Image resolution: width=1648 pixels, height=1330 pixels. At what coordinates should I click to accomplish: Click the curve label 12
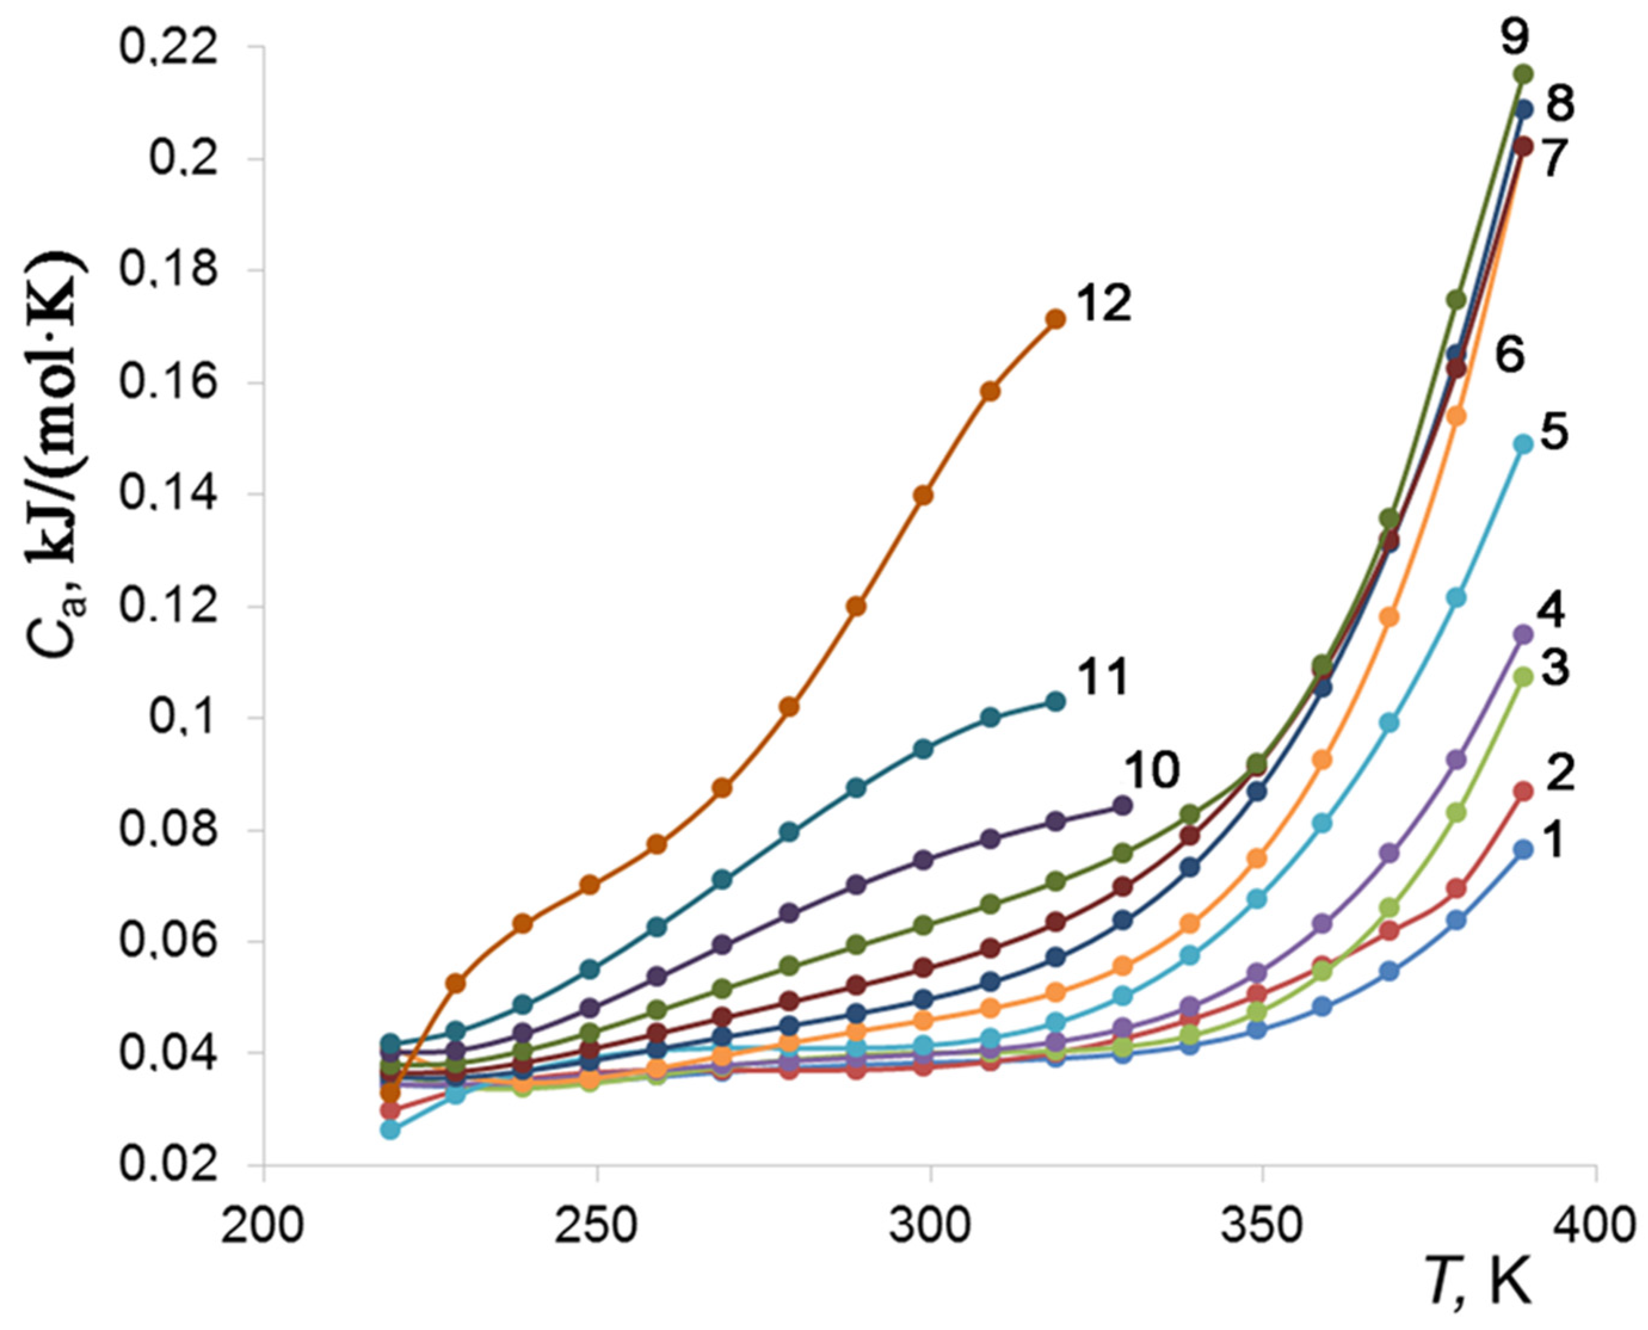pyautogui.click(x=1103, y=304)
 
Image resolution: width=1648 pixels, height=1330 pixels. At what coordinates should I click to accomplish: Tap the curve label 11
pyautogui.click(x=1101, y=678)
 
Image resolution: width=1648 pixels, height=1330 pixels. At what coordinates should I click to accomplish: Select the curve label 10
pyautogui.click(x=1151, y=770)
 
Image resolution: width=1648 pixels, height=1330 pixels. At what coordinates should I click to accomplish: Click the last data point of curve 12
pyautogui.click(x=1055, y=319)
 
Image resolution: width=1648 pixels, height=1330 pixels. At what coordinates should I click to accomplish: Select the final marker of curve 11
pyautogui.click(x=1055, y=701)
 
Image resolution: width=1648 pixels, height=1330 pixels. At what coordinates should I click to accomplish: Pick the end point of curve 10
pyautogui.click(x=1122, y=805)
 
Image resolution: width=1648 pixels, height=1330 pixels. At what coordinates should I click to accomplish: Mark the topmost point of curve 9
pyautogui.click(x=1523, y=73)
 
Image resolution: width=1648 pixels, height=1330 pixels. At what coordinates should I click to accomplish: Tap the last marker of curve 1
pyautogui.click(x=1523, y=850)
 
